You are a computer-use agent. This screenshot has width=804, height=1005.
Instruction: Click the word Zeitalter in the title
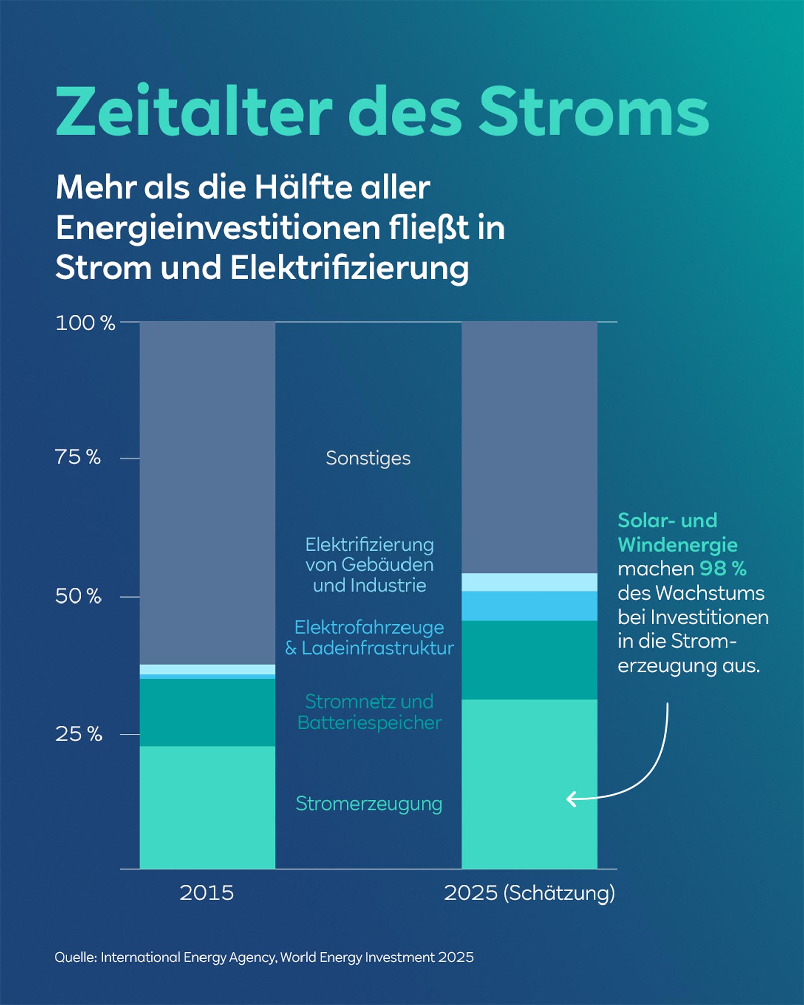point(193,112)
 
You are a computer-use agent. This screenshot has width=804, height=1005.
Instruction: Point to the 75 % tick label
point(78,457)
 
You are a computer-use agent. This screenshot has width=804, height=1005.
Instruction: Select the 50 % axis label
point(78,596)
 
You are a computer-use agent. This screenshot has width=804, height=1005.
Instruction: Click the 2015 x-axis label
point(207,893)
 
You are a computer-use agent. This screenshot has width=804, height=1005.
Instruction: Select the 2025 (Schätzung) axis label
point(529,893)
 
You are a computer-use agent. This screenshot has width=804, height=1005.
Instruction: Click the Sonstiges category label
point(368,458)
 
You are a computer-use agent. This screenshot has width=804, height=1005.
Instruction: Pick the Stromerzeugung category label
point(369,803)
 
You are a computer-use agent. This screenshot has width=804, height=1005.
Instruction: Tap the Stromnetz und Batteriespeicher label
point(369,712)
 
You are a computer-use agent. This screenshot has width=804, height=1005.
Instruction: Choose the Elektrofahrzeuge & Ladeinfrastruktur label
point(369,638)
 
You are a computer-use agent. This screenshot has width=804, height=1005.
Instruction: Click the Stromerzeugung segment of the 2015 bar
point(207,807)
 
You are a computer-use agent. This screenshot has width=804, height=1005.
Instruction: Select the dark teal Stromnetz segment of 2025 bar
point(529,660)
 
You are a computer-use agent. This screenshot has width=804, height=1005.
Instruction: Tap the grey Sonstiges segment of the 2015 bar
point(207,492)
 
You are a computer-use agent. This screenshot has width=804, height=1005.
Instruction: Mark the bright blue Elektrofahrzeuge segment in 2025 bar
point(529,606)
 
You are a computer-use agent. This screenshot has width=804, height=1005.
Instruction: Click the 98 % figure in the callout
point(723,569)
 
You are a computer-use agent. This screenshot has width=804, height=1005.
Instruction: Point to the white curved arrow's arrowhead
point(570,799)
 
